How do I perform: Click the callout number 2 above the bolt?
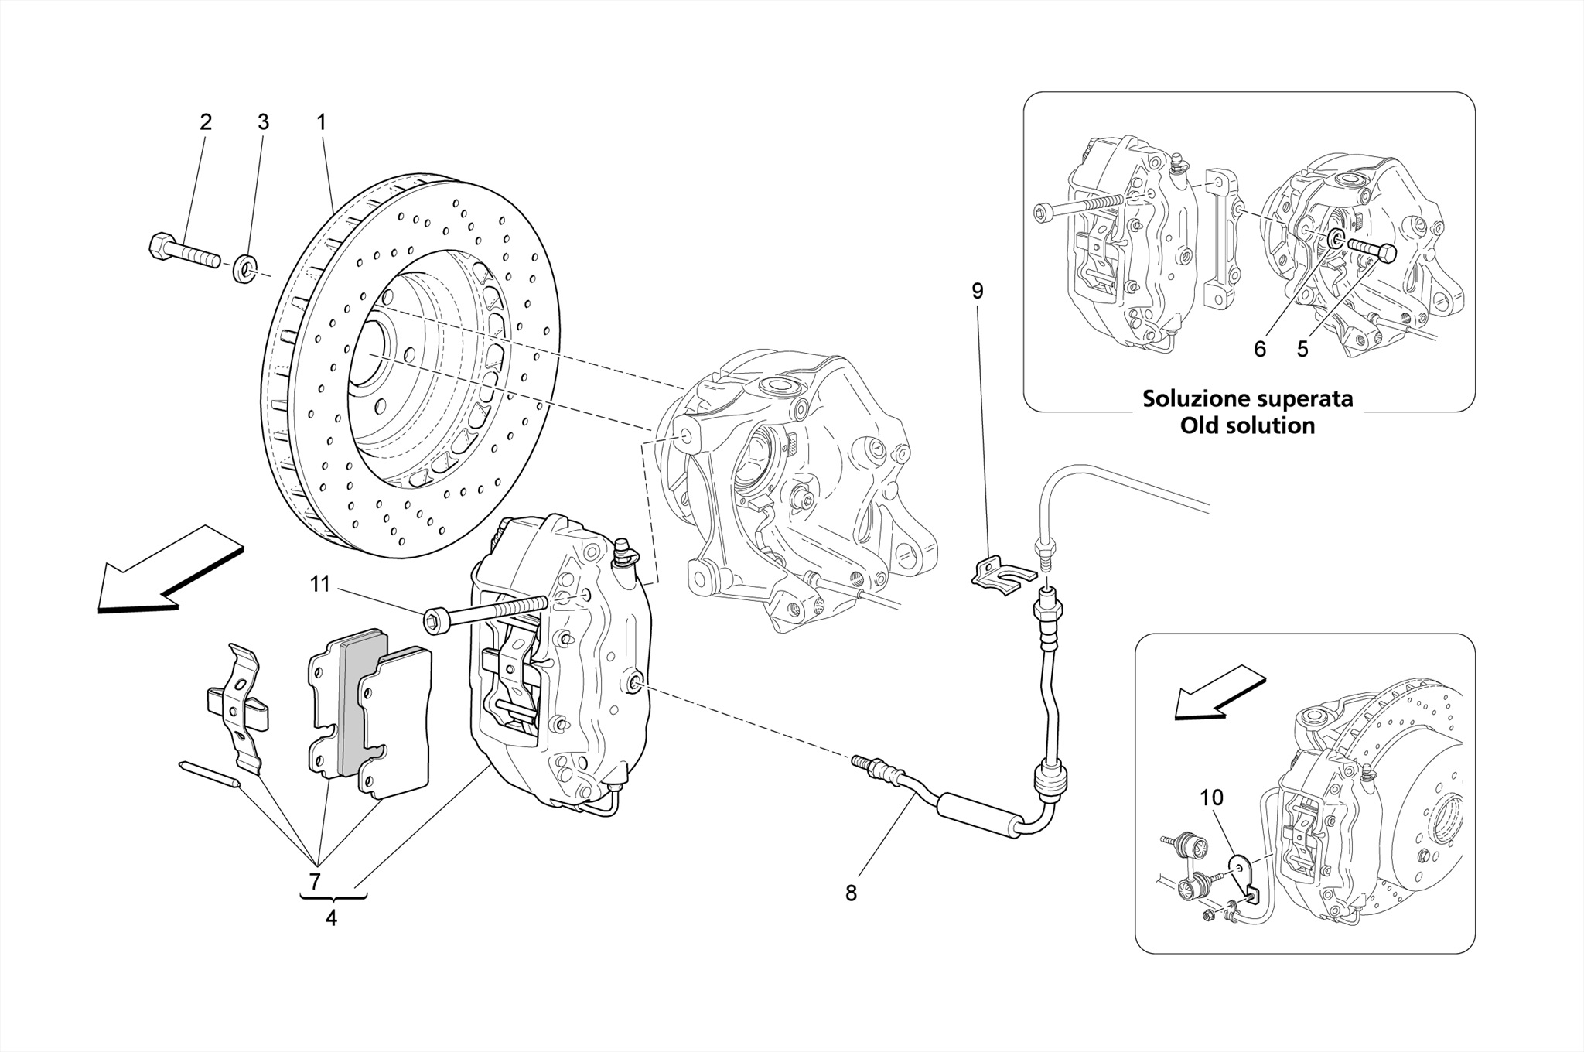coord(205,122)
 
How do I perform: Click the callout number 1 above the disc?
coord(320,122)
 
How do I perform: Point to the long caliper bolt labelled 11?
coord(487,611)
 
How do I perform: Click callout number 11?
coord(320,585)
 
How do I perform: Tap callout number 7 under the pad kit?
coord(315,881)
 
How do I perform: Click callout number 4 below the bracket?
coord(332,919)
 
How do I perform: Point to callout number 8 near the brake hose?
coord(851,893)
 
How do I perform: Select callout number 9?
coord(978,292)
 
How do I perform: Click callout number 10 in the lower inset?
coord(1211,798)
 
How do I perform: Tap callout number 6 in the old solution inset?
coord(1260,350)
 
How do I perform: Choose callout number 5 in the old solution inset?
coord(1302,350)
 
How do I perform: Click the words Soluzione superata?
coord(1248,399)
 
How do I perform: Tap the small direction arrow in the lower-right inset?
coord(1219,692)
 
